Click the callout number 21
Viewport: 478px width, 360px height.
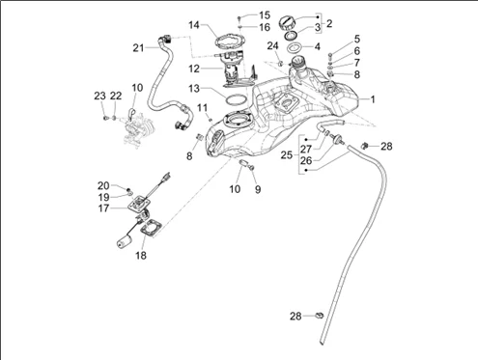click(x=138, y=48)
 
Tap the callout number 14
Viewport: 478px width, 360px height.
click(x=194, y=25)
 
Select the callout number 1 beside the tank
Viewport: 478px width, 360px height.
click(x=373, y=99)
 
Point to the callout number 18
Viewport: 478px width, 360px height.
click(x=141, y=256)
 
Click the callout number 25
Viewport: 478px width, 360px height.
click(x=287, y=155)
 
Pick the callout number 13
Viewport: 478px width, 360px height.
click(x=194, y=88)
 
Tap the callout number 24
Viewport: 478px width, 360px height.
click(x=272, y=46)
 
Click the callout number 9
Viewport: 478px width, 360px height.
click(x=258, y=189)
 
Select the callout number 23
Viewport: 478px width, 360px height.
click(x=99, y=96)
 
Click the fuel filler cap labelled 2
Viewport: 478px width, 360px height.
click(x=286, y=23)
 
